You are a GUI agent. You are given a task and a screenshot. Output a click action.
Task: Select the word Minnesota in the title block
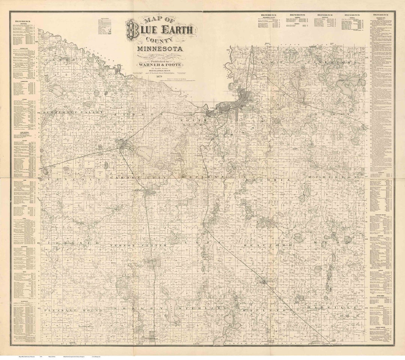click(x=160, y=49)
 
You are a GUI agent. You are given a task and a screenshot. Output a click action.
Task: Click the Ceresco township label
click(x=73, y=243)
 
